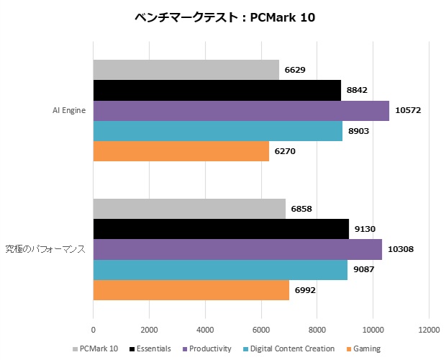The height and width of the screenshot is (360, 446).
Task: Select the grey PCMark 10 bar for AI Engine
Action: pos(186,70)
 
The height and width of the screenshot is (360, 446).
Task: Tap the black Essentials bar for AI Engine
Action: pos(217,90)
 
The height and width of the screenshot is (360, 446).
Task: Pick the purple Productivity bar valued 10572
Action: pos(241,110)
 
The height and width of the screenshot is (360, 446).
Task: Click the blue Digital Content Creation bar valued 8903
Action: pos(217,131)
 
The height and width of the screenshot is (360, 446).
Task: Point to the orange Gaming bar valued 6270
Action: pos(181,151)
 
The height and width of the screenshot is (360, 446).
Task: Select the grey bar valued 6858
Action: pos(189,209)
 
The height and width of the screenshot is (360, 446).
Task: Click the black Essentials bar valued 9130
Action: pos(221,229)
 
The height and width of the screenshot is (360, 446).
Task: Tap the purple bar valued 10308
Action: pos(237,249)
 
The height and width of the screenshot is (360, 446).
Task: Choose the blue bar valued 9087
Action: pos(220,270)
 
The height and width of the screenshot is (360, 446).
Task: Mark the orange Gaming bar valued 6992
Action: pos(191,290)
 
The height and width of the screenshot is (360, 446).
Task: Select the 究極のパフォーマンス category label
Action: pos(45,250)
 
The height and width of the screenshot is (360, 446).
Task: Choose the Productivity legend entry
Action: pos(208,349)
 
